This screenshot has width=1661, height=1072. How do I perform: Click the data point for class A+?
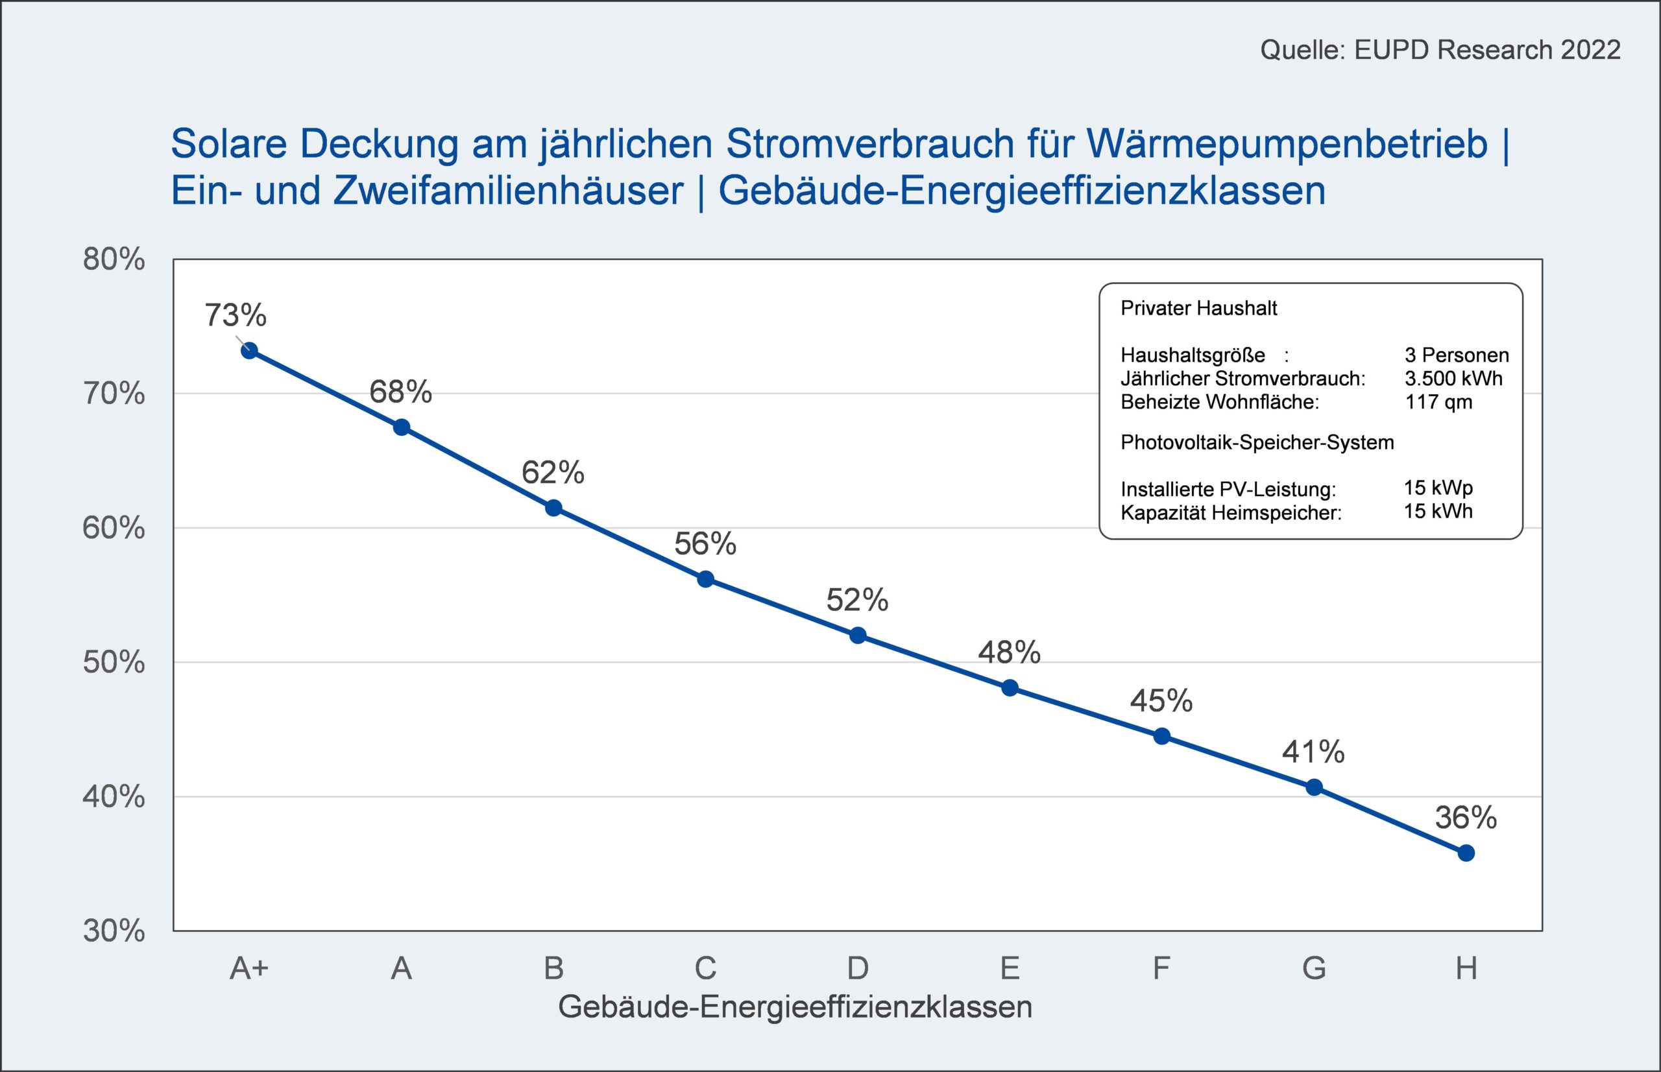tap(249, 350)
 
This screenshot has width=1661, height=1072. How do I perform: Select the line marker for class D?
tap(858, 635)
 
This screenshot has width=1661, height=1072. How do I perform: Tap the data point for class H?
tap(1466, 853)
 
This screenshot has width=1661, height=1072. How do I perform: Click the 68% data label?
tap(400, 392)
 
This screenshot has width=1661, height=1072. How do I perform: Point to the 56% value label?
tap(705, 543)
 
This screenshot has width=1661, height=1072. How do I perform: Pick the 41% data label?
tap(1313, 752)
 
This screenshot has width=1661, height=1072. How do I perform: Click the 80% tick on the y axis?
tap(114, 259)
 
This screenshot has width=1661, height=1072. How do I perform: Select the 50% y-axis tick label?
tap(114, 663)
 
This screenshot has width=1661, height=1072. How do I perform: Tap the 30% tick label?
tap(114, 931)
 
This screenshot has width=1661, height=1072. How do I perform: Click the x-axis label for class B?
tap(553, 968)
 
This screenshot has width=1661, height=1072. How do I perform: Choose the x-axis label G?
tap(1313, 968)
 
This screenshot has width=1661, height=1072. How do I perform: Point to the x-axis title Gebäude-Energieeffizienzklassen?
tap(795, 1007)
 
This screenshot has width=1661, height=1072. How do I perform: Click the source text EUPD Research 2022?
tap(1488, 50)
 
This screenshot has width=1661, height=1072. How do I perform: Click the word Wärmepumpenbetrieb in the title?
tap(1287, 145)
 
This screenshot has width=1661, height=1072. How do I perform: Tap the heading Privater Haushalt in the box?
tap(1198, 309)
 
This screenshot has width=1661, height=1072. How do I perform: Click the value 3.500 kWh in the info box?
tap(1453, 379)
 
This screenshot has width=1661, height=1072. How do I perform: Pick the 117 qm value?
tap(1439, 401)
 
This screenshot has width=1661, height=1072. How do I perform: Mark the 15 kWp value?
tap(1438, 487)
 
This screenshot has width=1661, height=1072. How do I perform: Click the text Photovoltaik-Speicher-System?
tap(1257, 443)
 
